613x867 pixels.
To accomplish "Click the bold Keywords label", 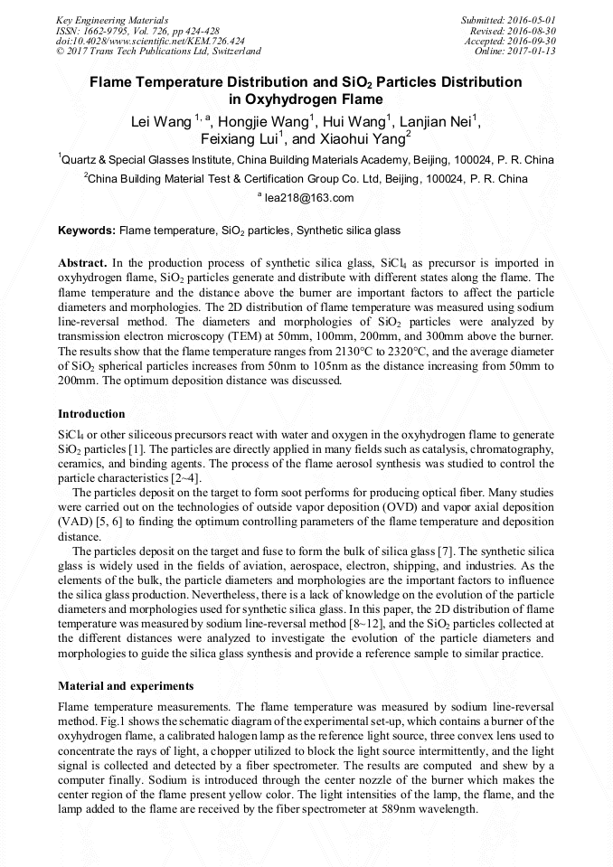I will (87, 231).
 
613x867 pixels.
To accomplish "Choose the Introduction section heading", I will (91, 413).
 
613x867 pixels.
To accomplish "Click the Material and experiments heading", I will (125, 685).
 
